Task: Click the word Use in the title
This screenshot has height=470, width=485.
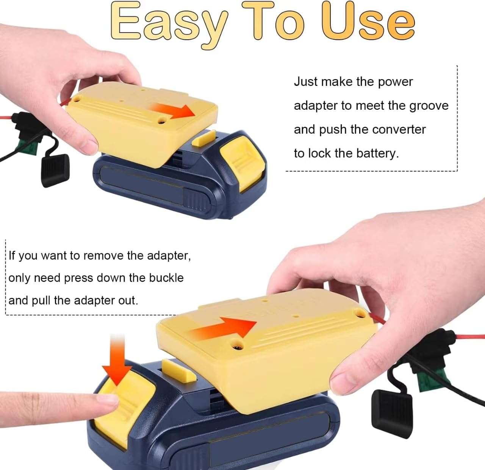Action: pos(367,21)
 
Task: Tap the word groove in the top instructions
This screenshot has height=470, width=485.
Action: pos(429,106)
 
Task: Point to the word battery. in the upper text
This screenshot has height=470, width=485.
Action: pos(378,153)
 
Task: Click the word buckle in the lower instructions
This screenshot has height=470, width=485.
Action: pos(166,278)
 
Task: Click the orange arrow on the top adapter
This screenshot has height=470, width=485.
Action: pos(173,111)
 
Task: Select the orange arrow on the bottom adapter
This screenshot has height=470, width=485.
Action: pos(223,328)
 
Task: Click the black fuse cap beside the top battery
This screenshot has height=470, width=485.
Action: pos(55,171)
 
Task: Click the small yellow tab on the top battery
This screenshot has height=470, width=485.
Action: pos(203,138)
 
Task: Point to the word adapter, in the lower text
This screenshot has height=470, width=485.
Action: pos(169,256)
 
